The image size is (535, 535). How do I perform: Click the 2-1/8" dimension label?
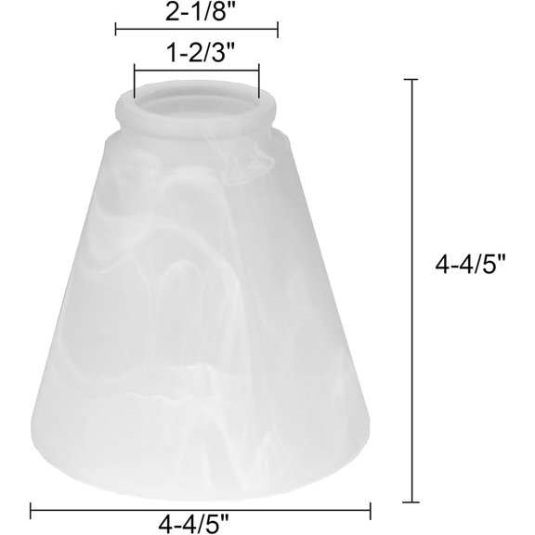point(201,13)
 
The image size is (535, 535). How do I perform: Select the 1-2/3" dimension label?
point(201,54)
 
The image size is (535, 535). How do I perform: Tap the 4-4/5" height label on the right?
point(470,265)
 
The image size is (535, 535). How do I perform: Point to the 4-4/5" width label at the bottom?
point(193,524)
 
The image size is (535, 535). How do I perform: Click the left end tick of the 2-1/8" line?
point(116,30)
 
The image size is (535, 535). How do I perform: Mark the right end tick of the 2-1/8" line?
point(278,30)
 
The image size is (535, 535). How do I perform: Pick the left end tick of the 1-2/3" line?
point(135,80)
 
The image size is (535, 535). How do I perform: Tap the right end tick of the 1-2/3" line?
point(259,80)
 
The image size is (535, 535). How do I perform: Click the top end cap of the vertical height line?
point(411,79)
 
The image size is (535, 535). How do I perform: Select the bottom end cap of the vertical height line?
point(411,502)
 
